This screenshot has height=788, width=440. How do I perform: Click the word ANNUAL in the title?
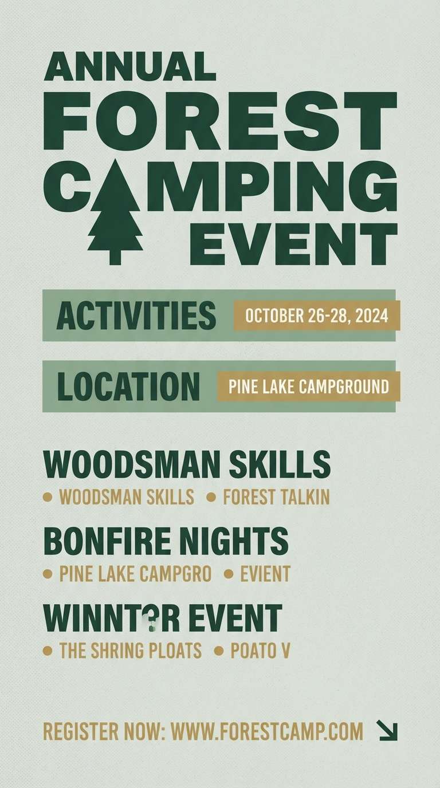130,67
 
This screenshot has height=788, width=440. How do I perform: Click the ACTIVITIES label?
136,317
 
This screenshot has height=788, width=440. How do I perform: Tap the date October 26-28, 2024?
316,316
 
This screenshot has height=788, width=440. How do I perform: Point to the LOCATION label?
129,387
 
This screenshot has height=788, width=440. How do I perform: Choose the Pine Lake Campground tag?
308,387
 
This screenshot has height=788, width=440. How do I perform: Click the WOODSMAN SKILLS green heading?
187,464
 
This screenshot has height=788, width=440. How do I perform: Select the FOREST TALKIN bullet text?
276,497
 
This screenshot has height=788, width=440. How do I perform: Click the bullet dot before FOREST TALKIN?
211,497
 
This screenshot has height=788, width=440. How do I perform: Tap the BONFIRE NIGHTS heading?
166,541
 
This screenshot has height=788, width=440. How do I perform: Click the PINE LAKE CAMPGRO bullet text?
135,573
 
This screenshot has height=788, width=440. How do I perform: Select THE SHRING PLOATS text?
131,651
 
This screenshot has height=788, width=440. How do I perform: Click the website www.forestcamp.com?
267,731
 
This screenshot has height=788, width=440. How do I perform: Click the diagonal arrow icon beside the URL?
387,730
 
